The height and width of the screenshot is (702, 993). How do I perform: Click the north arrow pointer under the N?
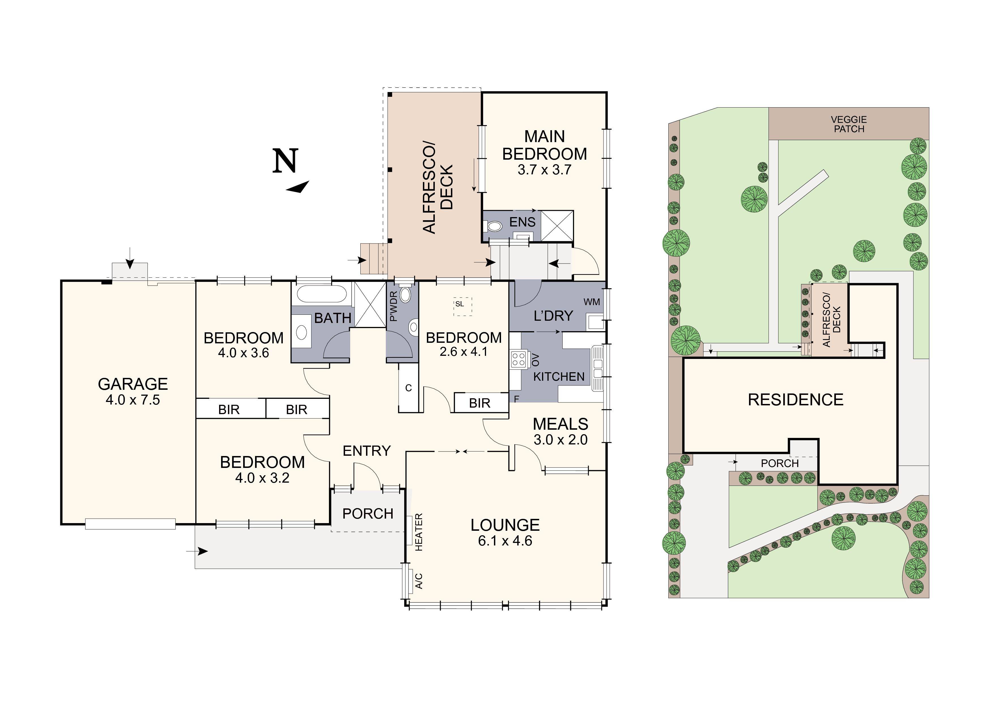298,187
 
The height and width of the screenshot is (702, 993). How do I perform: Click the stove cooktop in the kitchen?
519,359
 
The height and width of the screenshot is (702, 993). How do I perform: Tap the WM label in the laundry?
592,302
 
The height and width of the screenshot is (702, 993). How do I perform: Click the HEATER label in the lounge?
419,532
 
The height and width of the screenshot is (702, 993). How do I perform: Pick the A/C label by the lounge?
419,581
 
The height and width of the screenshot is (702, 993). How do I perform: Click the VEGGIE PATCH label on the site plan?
849,124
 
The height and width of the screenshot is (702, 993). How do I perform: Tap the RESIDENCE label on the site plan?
795,400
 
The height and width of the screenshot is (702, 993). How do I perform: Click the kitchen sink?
598,368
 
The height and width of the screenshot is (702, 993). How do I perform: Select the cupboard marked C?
408,388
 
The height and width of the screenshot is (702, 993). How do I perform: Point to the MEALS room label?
560,424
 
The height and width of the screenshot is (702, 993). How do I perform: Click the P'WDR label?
393,306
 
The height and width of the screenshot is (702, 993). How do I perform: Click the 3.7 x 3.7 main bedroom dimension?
545,170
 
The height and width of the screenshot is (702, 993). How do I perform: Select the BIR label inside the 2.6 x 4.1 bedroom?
480,403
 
